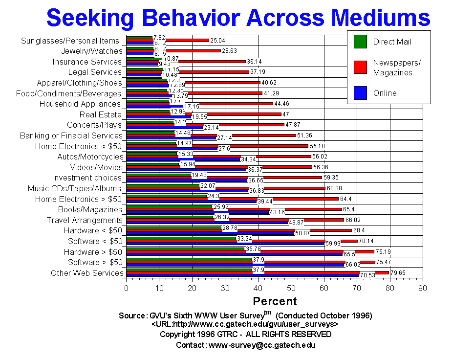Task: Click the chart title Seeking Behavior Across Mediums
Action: click(x=238, y=18)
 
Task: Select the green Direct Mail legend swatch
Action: click(x=360, y=42)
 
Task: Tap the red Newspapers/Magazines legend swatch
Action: click(x=360, y=67)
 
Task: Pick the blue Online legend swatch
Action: click(x=360, y=93)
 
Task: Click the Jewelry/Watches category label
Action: click(x=91, y=51)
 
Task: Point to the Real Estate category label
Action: click(x=100, y=115)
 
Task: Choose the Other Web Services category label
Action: click(x=86, y=273)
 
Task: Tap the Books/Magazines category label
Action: click(x=92, y=209)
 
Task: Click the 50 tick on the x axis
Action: click(x=291, y=289)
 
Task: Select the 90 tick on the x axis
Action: click(x=423, y=289)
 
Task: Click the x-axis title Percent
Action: click(x=275, y=301)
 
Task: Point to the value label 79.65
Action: click(x=399, y=272)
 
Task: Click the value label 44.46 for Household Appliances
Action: click(x=282, y=103)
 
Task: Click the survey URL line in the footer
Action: click(x=245, y=324)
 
